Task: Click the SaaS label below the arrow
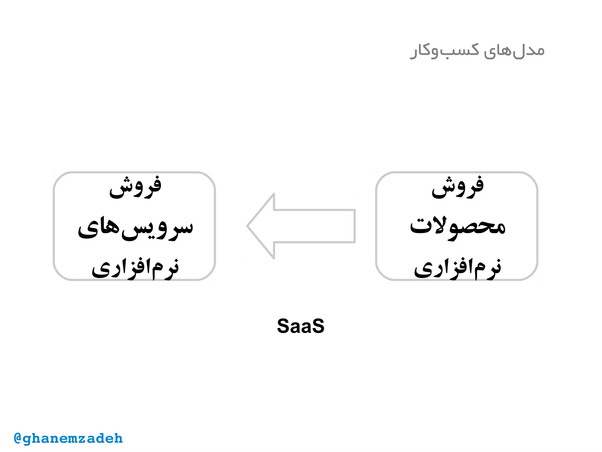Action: pyautogui.click(x=300, y=326)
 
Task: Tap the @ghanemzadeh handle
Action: pyautogui.click(x=68, y=438)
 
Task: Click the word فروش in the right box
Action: pyautogui.click(x=457, y=187)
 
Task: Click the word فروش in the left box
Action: pyautogui.click(x=135, y=187)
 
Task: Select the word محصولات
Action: pyautogui.click(x=457, y=227)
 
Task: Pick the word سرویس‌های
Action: pyautogui.click(x=135, y=228)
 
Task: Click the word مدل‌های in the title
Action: pyautogui.click(x=514, y=51)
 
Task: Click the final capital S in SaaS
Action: pyautogui.click(x=318, y=326)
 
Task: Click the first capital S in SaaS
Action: pyautogui.click(x=283, y=326)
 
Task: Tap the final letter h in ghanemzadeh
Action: pyautogui.click(x=118, y=438)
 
